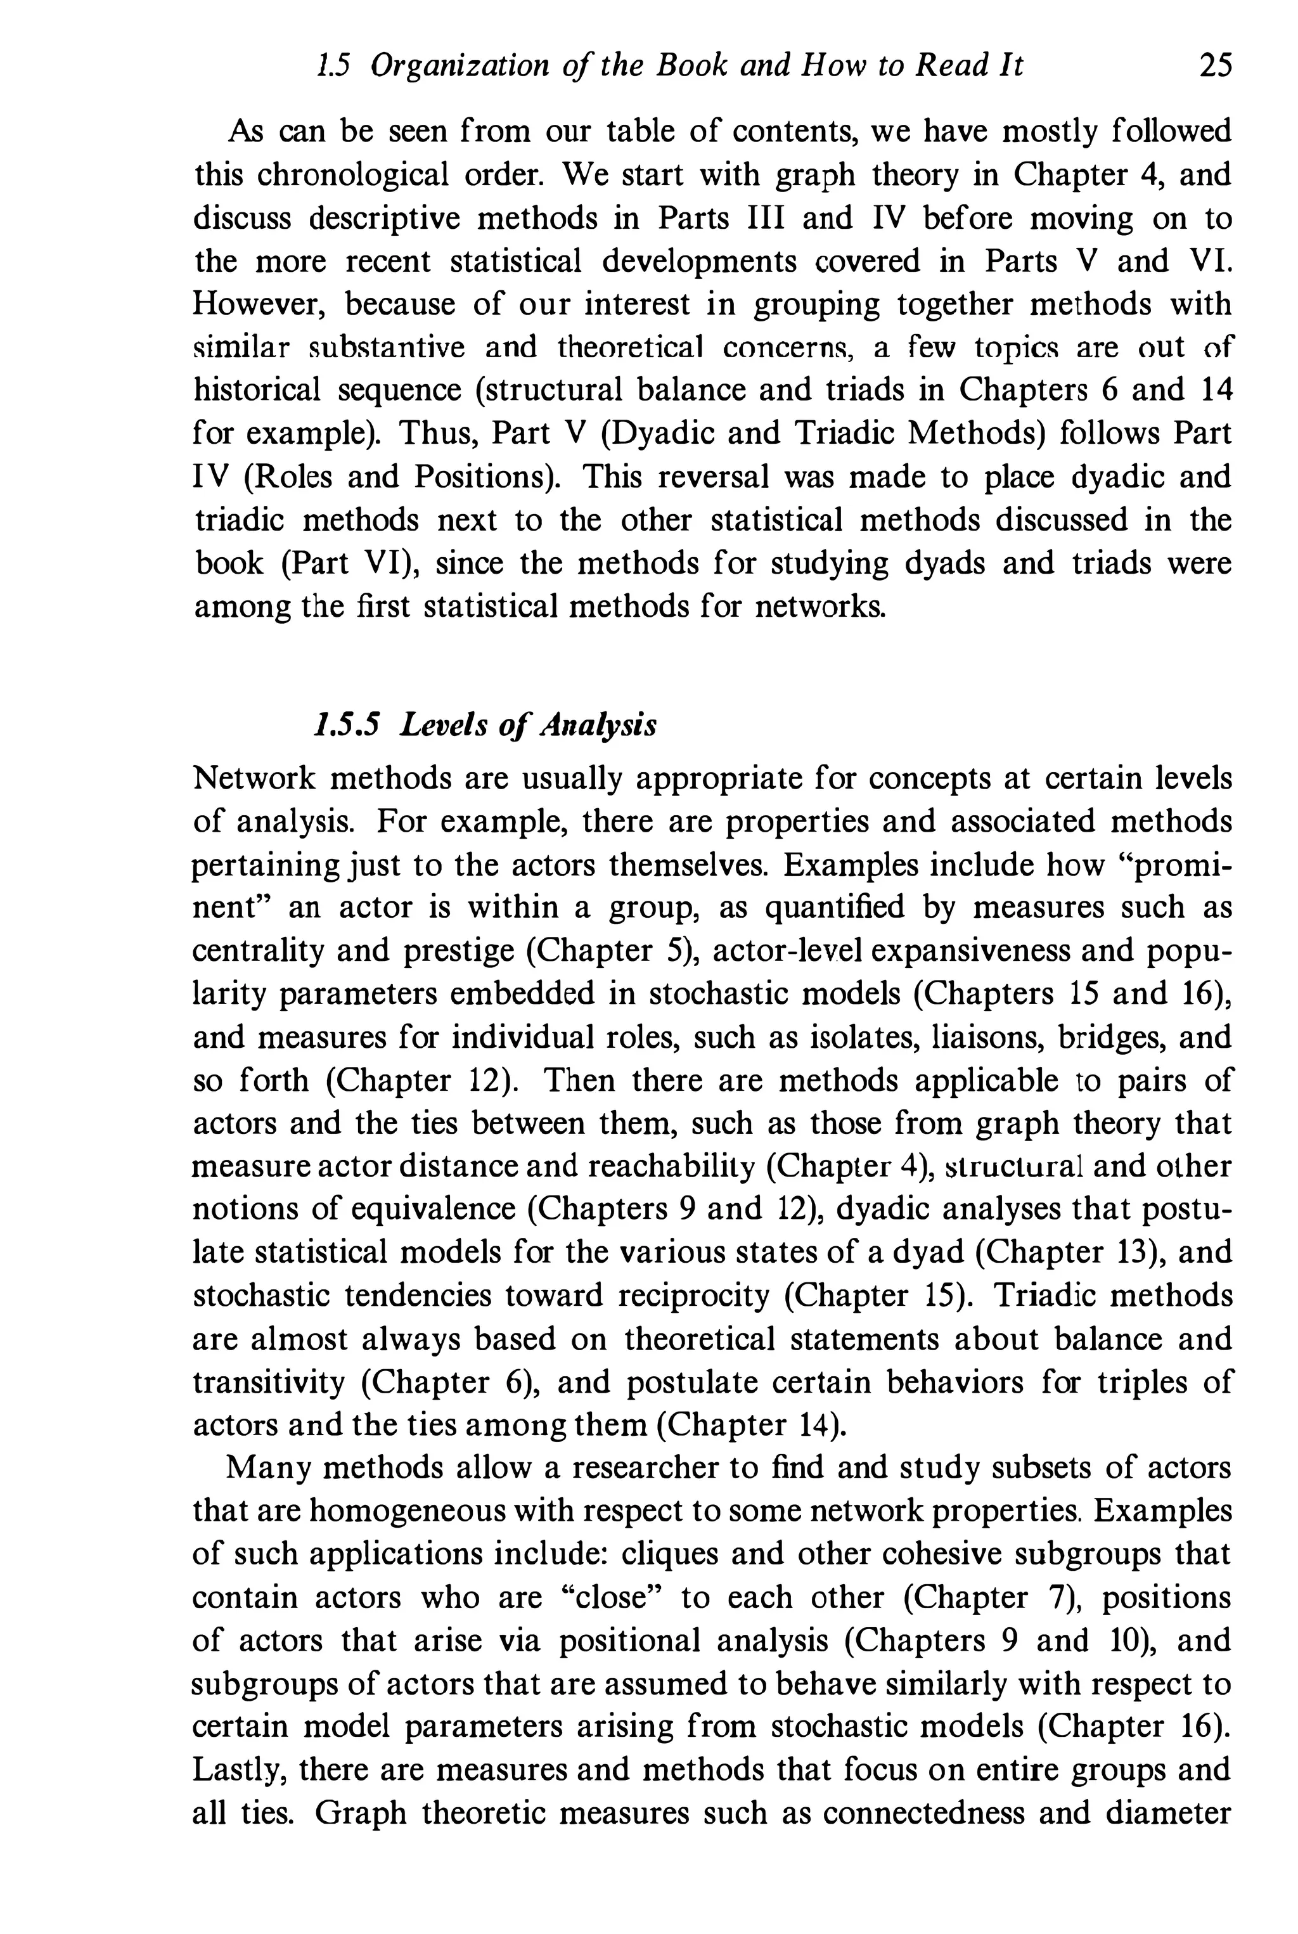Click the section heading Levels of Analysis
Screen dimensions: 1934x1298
(528, 725)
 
